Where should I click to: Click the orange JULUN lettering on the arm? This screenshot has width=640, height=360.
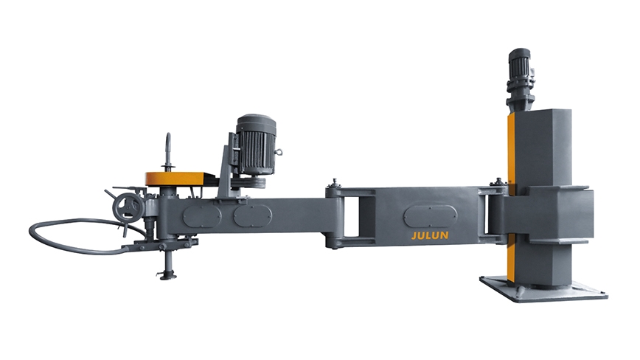click(430, 235)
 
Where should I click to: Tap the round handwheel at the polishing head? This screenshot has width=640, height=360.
click(128, 208)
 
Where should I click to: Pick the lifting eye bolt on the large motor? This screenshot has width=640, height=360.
click(279, 152)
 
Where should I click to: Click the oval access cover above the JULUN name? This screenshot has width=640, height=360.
click(430, 216)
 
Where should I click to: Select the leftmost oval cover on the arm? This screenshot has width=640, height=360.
click(202, 216)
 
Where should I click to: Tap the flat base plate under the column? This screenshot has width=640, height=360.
click(543, 289)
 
